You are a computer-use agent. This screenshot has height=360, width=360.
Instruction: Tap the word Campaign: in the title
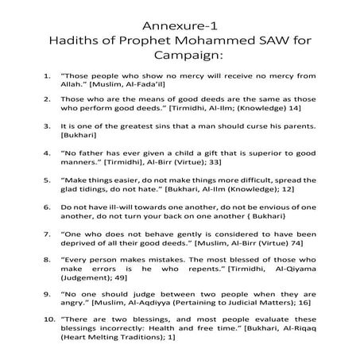click(x=180, y=57)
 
